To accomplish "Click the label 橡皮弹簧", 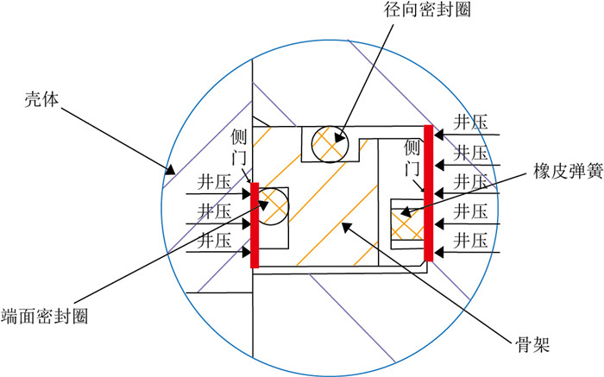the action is (552, 172).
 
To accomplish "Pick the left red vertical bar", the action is (255, 224).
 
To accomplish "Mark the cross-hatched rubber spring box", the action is (406, 222).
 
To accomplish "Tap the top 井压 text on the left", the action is (212, 182).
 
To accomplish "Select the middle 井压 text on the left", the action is (212, 210).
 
